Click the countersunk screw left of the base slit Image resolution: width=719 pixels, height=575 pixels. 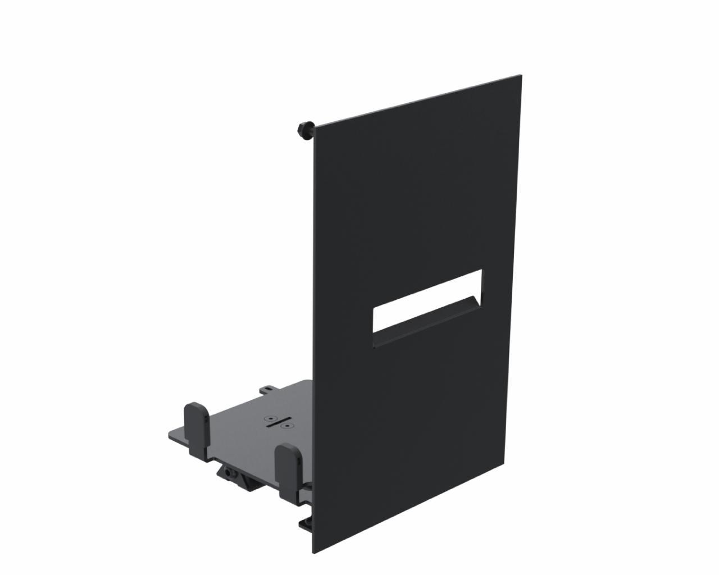point(271,418)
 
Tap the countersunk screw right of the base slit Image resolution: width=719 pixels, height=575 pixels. point(288,426)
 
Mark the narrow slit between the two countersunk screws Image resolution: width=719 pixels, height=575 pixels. point(279,422)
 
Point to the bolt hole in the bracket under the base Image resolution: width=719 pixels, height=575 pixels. point(229,473)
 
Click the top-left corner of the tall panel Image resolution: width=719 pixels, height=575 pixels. point(314,127)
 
